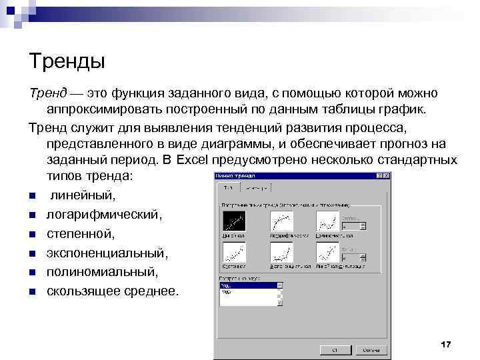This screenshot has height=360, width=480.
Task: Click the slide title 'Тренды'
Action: [x=67, y=62]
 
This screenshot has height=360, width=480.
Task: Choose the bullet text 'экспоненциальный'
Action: [x=107, y=254]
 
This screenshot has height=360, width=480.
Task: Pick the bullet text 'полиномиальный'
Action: [x=102, y=273]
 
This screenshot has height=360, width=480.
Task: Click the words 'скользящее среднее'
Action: [x=113, y=292]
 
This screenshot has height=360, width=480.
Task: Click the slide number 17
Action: [x=446, y=343]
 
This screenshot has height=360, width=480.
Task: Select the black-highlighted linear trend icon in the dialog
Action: [x=233, y=221]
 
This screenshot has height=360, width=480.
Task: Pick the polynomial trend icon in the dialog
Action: [x=327, y=221]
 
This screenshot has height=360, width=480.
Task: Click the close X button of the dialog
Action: [x=387, y=175]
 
